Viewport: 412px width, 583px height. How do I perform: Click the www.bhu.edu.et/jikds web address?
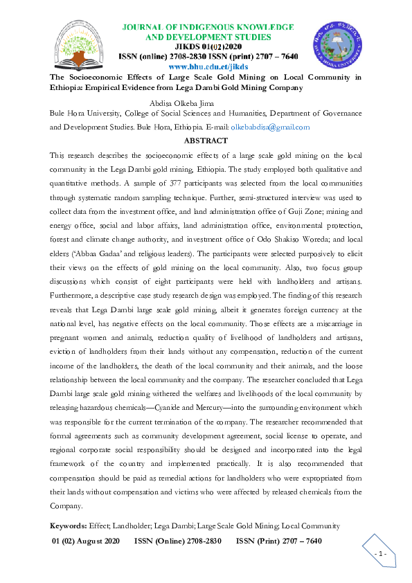[x=208, y=66]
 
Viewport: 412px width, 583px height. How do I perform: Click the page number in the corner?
[x=380, y=555]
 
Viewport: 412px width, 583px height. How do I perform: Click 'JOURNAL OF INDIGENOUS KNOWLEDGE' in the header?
[x=208, y=26]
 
